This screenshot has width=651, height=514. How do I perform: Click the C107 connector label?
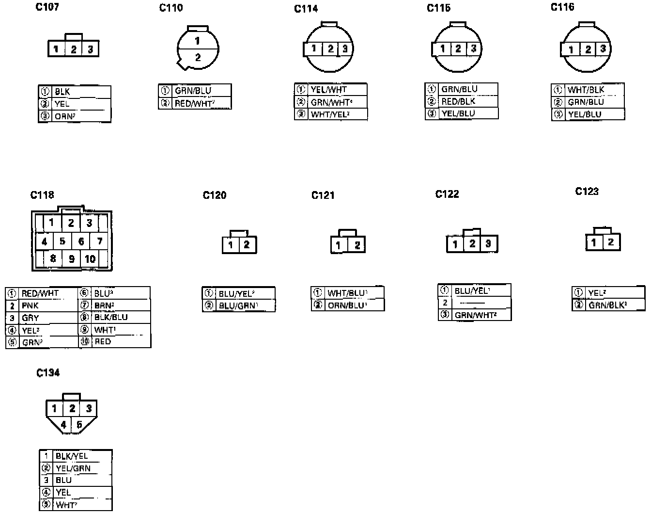tap(47, 7)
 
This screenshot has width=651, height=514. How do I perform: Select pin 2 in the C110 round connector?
tap(198, 57)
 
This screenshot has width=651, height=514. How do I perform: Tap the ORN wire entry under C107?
tap(64, 116)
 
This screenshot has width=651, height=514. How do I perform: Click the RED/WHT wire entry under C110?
tap(194, 103)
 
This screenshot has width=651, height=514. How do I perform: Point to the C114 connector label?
tap(306, 9)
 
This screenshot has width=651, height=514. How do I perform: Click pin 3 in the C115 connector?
tap(473, 48)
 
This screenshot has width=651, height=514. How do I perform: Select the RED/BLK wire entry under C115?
tap(458, 101)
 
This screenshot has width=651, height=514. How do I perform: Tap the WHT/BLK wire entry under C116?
tap(586, 90)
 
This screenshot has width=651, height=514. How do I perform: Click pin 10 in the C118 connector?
tap(90, 259)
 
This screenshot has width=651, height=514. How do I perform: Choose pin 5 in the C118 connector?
tap(62, 241)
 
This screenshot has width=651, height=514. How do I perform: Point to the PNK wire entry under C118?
tap(30, 305)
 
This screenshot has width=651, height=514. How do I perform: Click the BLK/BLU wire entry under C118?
tap(110, 317)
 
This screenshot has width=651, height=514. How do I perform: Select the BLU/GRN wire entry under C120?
tap(237, 305)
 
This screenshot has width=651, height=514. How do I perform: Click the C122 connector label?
tap(447, 194)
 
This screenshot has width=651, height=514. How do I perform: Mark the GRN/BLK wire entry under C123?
tap(607, 305)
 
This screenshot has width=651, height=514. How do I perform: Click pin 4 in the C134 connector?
tap(63, 424)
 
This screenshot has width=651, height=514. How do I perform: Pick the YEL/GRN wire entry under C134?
tap(73, 468)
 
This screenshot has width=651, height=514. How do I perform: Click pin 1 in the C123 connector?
tap(594, 242)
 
